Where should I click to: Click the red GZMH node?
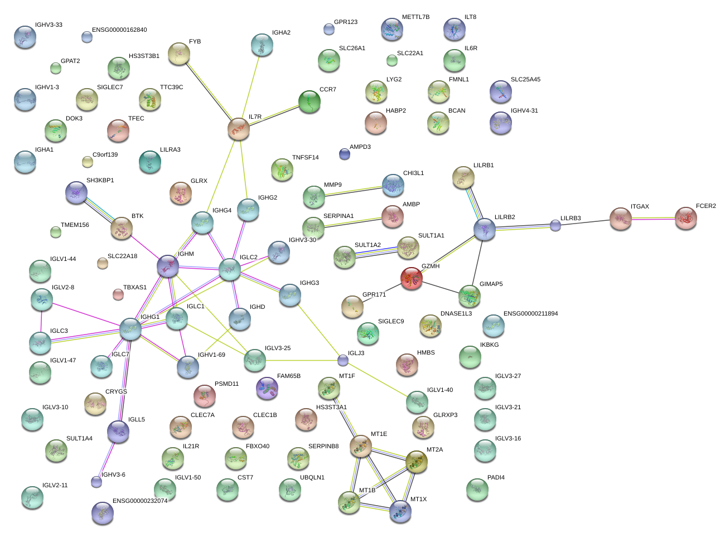point(411,278)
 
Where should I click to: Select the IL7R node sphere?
point(239,129)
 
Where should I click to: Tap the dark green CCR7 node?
point(309,101)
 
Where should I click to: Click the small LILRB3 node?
point(555,226)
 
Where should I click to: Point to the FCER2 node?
point(686,218)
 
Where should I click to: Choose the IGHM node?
point(168,266)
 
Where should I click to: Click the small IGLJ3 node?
point(342,361)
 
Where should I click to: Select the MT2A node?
point(416,462)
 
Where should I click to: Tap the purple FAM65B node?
point(267,388)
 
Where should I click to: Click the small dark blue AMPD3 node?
point(345,154)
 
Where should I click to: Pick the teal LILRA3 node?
point(149,162)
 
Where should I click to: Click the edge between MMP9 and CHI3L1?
point(354,191)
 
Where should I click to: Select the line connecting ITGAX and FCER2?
point(653,219)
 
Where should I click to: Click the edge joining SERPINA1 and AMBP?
point(352,222)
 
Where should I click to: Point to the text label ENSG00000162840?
point(119,30)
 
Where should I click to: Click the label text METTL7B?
point(415,17)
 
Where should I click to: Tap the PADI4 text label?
point(496,478)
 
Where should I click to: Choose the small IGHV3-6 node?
point(96,482)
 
